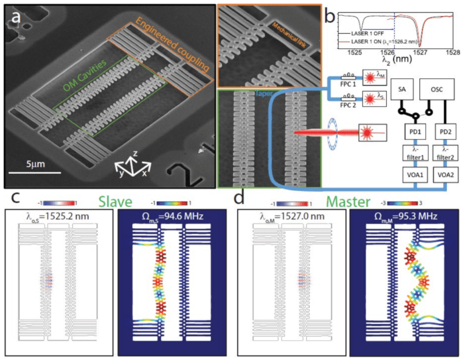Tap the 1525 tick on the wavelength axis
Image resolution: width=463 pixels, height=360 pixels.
pos(355,50)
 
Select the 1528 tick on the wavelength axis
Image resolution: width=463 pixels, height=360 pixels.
pos(452,50)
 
